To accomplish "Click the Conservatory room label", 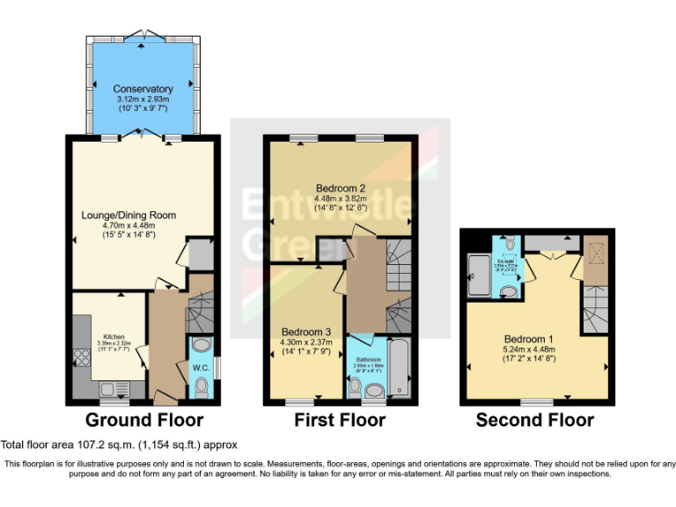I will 143,89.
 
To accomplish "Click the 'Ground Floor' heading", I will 144,421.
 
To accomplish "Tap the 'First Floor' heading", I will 340,421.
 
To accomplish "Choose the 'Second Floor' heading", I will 534,421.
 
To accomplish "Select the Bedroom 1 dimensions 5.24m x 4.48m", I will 529,349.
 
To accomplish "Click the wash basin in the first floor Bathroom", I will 376,390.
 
